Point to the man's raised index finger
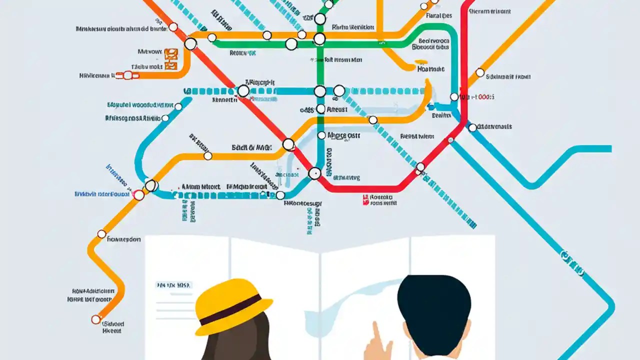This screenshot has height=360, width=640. click(375, 333)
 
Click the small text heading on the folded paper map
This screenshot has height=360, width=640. click(173, 285)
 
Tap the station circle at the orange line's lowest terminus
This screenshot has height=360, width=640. click(96, 319)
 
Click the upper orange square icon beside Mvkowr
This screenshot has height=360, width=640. click(170, 52)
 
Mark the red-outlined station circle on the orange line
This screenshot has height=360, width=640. click(139, 194)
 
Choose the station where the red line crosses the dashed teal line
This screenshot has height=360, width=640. click(243, 91)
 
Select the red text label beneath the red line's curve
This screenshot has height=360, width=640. click(381, 200)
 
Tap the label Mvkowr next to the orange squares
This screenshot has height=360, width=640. click(149, 51)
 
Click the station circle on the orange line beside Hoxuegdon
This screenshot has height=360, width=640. click(101, 234)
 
